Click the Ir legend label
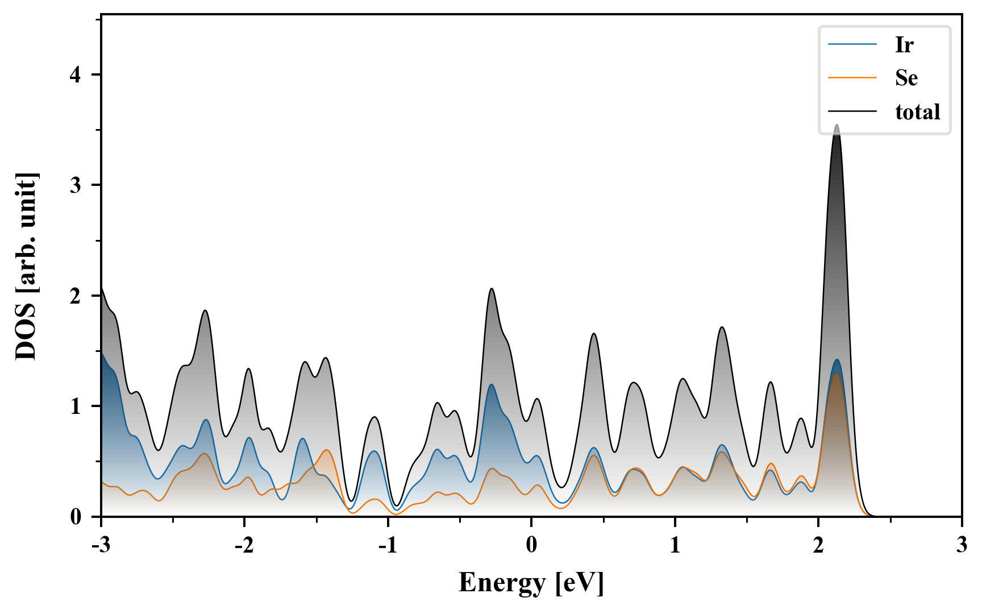904,44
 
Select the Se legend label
906,78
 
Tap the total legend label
918,111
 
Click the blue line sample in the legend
852,44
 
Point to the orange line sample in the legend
852,78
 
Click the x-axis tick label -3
101,545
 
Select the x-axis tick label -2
244,545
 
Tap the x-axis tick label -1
388,545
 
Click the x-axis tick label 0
531,545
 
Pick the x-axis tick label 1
675,545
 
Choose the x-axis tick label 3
962,545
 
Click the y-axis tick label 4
76,75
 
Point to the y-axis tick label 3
76,185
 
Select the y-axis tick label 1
76,406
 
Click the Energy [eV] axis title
531,583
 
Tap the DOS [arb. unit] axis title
26,266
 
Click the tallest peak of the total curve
836,125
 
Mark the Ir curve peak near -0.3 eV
492,385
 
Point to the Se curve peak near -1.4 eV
327,450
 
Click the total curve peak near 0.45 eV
594,334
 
